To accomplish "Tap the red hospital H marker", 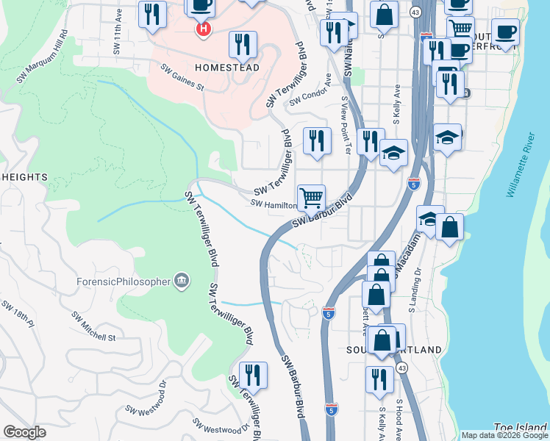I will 204,29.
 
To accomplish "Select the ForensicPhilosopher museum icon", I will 181,280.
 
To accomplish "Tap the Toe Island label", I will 521,426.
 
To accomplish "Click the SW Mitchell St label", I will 93,328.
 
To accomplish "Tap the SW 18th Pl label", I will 18,314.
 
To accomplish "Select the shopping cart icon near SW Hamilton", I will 311,198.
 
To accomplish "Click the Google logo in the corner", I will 24,432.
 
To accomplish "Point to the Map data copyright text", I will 504,435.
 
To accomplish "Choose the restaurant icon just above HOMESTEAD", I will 243,46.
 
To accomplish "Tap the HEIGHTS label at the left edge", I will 24,177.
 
